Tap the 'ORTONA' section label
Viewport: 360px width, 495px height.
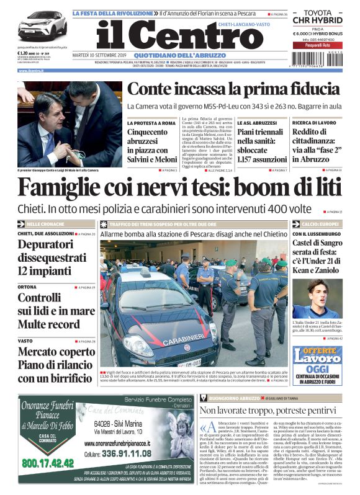[27, 287]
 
